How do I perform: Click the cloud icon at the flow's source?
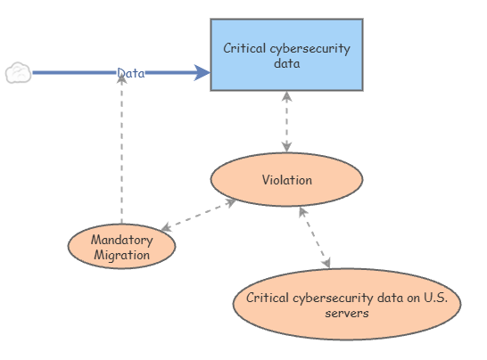19,72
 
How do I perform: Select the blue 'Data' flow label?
131,73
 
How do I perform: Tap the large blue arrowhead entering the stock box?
202,72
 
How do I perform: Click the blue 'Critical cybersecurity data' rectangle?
286,55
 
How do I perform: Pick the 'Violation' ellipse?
286,179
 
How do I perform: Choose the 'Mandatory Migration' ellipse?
121,247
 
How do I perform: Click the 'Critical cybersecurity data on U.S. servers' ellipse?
347,304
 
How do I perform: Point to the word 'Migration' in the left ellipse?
121,255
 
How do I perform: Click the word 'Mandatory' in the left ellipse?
121,240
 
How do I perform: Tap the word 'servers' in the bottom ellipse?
347,313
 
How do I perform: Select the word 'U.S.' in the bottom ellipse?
436,298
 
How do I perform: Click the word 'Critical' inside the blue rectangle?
244,48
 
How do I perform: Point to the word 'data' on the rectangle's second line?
286,63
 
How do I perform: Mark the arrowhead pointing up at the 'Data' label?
121,79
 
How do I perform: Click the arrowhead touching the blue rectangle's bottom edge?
286,96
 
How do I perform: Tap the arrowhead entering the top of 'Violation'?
286,147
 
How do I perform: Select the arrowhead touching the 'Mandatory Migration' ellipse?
166,227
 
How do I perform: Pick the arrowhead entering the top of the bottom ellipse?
326,263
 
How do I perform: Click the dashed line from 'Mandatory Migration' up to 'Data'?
121,150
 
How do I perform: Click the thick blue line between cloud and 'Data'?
75,72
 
